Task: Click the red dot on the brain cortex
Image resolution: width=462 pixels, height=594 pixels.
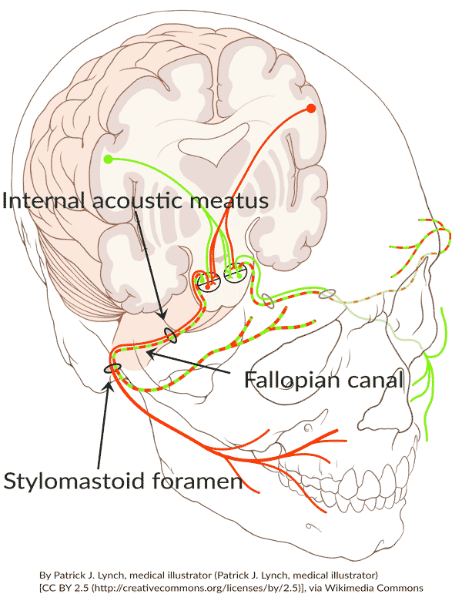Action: coord(311,108)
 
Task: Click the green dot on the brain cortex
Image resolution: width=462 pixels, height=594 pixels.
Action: coord(109,159)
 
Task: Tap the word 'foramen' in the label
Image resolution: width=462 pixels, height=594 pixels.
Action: coord(200,482)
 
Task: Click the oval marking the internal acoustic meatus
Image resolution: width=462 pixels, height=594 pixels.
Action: coord(170,336)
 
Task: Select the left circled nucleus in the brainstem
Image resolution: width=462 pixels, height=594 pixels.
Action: coord(206,283)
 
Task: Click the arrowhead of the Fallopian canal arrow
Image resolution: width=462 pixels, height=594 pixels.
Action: coord(149,354)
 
